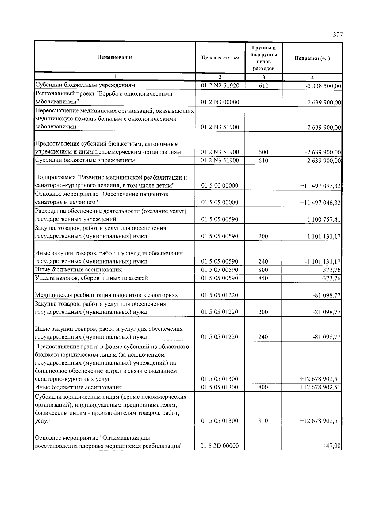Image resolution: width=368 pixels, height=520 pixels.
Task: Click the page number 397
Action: coord(338,35)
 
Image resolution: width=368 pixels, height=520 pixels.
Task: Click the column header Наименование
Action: coord(115,57)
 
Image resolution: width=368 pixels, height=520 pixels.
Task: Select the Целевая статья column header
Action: coord(220,58)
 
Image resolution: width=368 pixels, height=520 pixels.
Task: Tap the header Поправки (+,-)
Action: coord(312,59)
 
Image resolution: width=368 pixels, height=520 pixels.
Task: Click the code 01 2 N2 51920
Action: coord(220,86)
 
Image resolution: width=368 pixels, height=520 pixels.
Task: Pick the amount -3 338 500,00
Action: coord(323,86)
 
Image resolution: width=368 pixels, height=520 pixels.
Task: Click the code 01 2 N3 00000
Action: coord(220,102)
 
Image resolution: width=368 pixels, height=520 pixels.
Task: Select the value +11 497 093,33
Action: coord(320,186)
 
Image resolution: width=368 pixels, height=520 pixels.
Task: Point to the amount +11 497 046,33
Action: coord(320,203)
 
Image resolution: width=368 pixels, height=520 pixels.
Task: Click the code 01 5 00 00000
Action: coord(220,186)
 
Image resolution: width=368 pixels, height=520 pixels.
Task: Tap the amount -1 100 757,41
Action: coord(322,219)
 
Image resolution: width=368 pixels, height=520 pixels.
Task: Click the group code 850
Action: coord(263,278)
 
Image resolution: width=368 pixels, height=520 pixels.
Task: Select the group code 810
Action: coord(263,421)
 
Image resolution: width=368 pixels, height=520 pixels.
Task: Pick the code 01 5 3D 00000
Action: coord(220,446)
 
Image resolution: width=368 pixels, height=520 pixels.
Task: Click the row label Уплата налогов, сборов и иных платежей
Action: coord(91,278)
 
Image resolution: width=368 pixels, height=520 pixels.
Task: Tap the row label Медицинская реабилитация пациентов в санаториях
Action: coord(106,295)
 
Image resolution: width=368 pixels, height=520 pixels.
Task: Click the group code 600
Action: coord(263,152)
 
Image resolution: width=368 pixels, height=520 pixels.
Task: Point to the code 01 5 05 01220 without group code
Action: coord(220,295)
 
